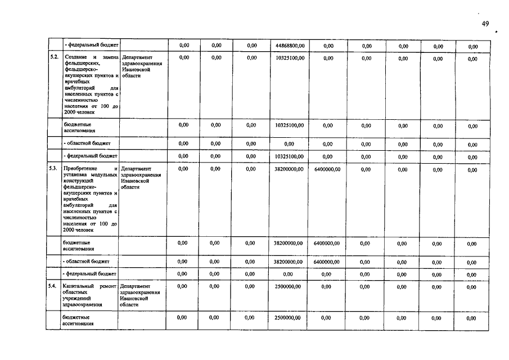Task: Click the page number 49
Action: (487, 24)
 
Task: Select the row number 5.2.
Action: (55, 58)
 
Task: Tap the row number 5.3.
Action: (54, 169)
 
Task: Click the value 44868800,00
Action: (290, 46)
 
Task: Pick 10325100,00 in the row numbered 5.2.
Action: (290, 58)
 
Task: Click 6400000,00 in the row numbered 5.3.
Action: (327, 169)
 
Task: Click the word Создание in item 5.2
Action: (76, 58)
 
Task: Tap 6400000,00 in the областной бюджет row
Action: (327, 262)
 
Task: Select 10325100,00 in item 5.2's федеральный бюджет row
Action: (290, 156)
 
